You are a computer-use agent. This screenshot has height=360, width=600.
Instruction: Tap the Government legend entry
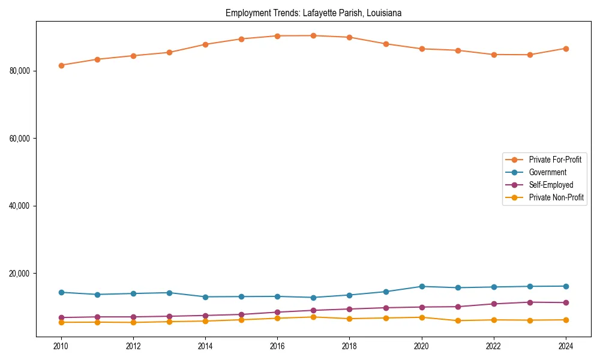(547, 172)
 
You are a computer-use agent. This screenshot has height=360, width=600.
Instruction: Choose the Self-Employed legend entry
(551, 185)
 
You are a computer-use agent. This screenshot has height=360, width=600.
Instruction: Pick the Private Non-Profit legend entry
(556, 197)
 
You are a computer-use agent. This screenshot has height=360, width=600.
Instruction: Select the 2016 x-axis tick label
(277, 346)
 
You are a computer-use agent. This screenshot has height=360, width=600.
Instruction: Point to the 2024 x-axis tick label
(566, 346)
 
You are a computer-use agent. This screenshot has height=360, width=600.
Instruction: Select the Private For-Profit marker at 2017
(313, 35)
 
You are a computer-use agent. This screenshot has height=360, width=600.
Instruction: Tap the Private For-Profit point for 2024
(566, 49)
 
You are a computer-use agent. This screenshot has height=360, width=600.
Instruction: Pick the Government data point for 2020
(422, 286)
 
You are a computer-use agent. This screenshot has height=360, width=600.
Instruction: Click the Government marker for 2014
(205, 297)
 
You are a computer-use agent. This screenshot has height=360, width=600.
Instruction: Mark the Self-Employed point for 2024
(566, 302)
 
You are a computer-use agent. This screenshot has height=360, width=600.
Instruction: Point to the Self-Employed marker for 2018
(349, 309)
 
